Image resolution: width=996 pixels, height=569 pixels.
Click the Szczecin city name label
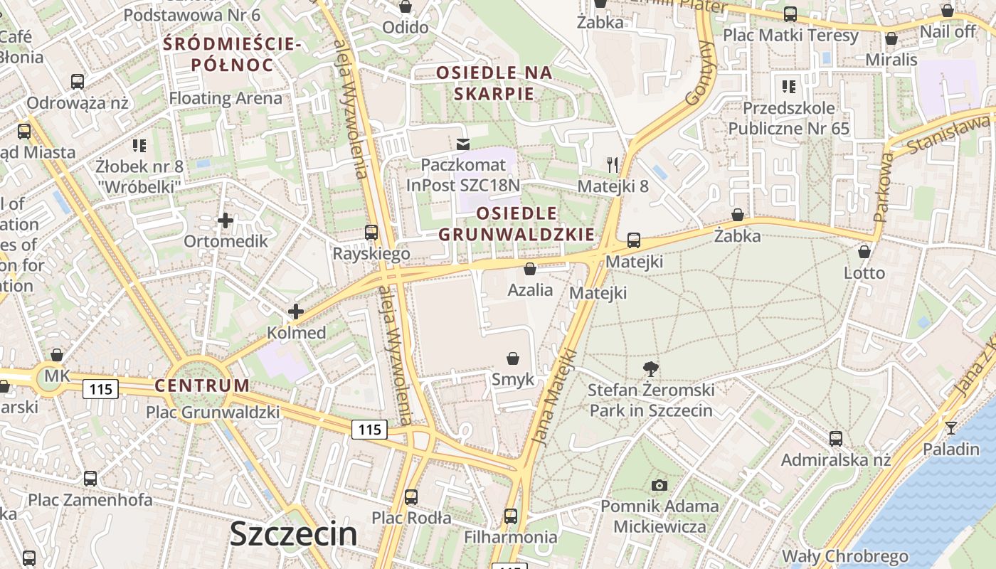click(293, 533)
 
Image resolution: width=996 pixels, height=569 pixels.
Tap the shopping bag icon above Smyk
click(512, 358)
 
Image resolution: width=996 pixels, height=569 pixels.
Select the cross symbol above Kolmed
click(295, 311)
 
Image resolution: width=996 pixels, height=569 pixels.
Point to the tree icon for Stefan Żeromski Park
click(650, 368)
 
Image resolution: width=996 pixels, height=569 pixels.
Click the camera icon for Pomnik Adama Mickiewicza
click(659, 485)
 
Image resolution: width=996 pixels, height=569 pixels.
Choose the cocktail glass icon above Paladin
click(950, 427)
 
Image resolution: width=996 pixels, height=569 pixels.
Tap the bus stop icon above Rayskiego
click(371, 232)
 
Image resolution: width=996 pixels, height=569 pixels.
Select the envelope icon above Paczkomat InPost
click(463, 144)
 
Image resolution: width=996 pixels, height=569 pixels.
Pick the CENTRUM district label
click(203, 386)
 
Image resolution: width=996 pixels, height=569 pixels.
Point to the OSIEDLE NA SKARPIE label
click(494, 83)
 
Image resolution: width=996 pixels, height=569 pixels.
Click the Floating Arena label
click(226, 98)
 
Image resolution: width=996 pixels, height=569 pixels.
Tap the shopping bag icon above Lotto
click(864, 252)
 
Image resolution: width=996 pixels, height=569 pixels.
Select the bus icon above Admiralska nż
click(836, 438)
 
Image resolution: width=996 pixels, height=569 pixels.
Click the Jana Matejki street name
click(553, 397)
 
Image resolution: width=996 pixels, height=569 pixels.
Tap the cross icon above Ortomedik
click(226, 220)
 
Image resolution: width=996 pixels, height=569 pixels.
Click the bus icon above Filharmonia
click(510, 516)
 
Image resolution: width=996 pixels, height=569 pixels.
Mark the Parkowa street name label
click(883, 187)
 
